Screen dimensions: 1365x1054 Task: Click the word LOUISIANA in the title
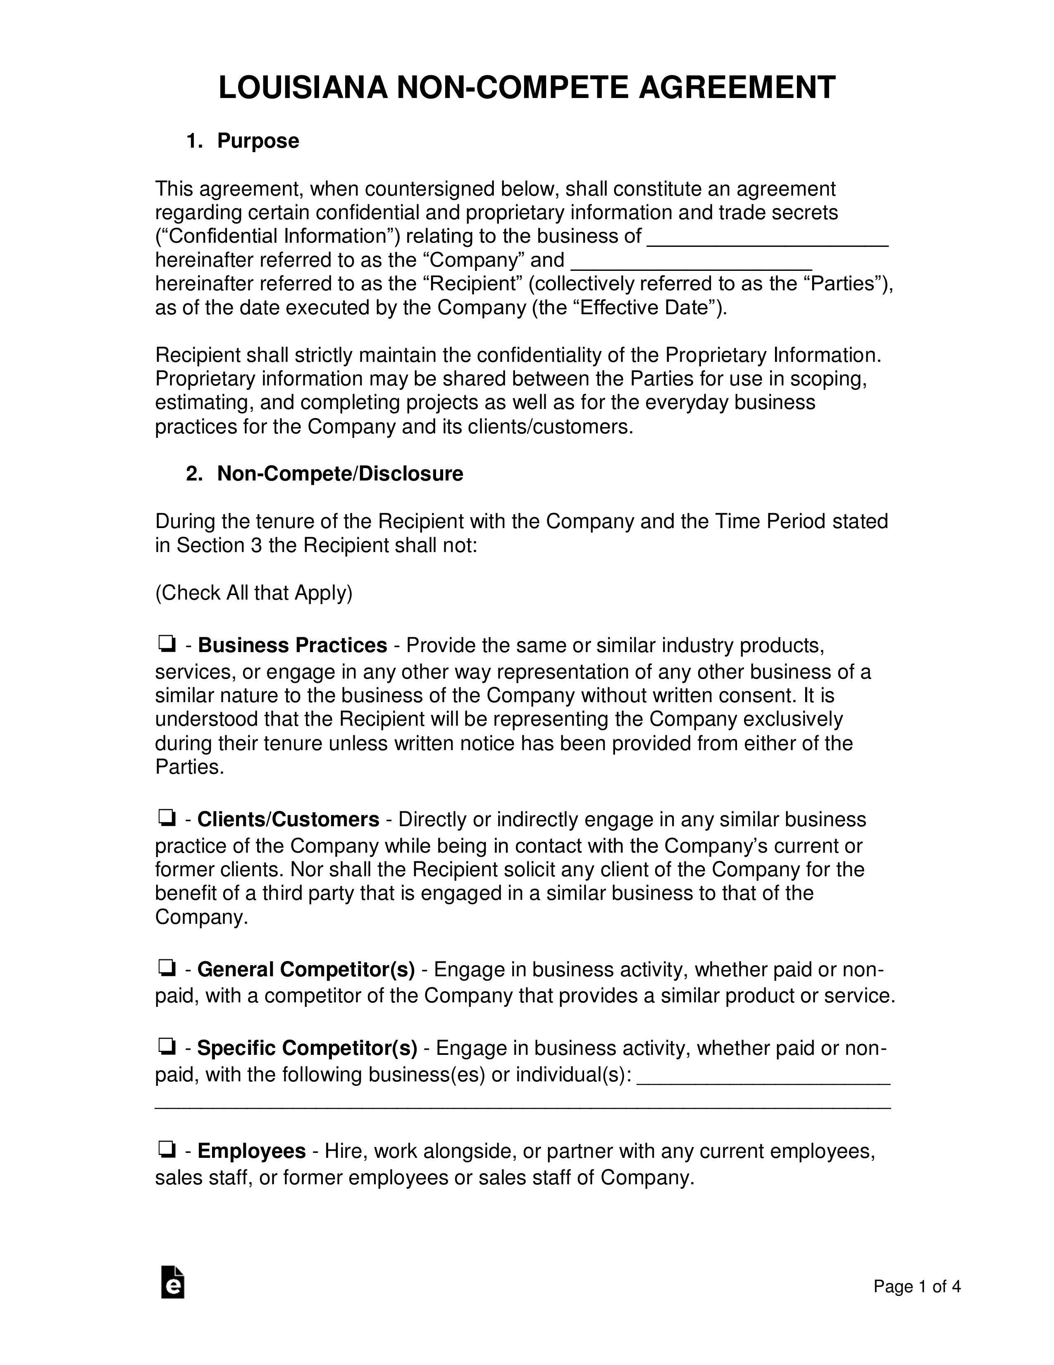point(303,88)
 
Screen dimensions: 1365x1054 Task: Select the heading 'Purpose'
point(258,141)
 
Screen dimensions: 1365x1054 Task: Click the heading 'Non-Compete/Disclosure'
point(340,474)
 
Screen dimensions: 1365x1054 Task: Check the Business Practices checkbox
point(166,644)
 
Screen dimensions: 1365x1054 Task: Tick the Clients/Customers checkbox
point(166,818)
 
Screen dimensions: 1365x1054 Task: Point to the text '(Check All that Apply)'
point(254,593)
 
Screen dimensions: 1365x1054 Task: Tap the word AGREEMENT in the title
point(737,88)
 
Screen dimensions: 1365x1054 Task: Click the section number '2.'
point(194,474)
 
